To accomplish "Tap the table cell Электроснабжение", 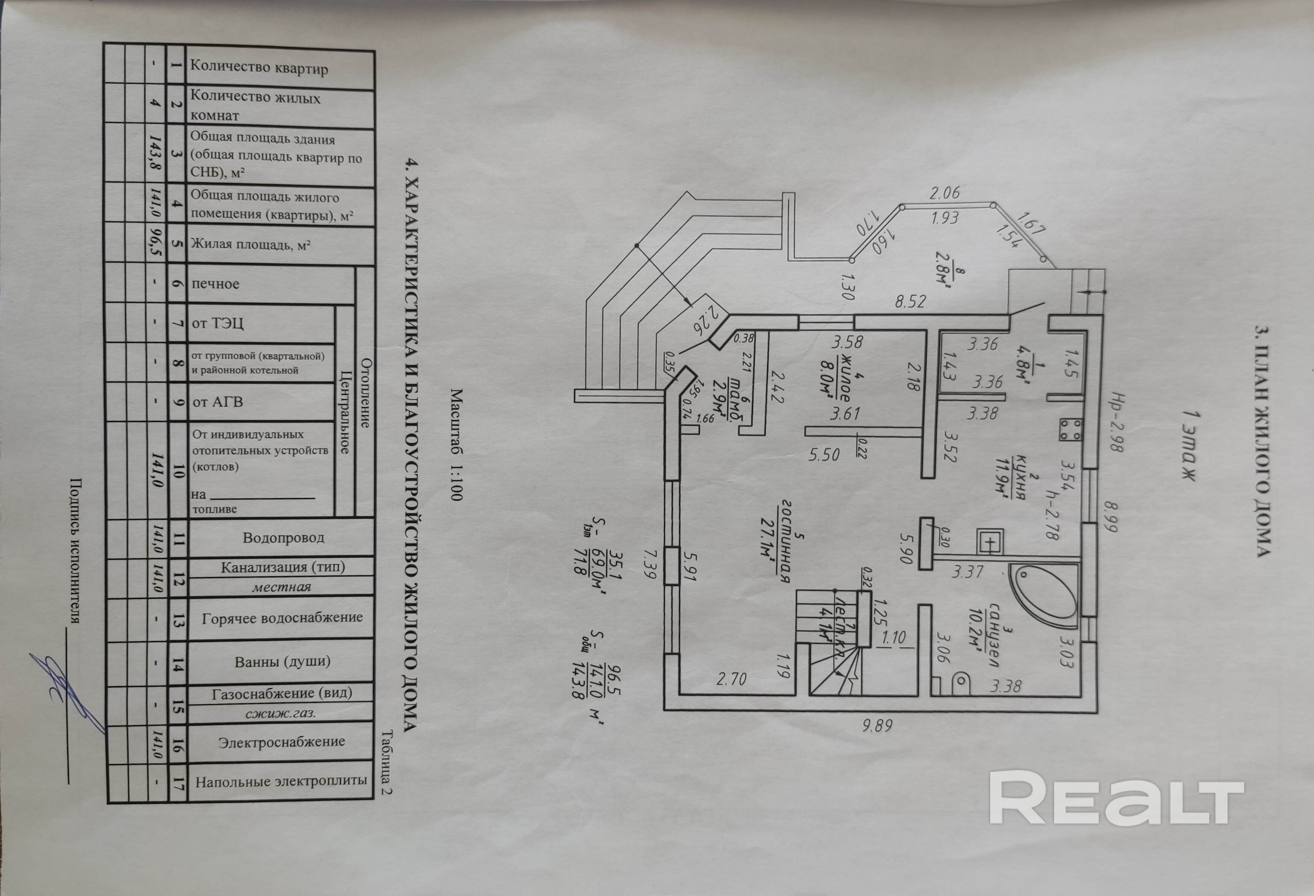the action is click(282, 741).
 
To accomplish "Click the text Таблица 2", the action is click(388, 763).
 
